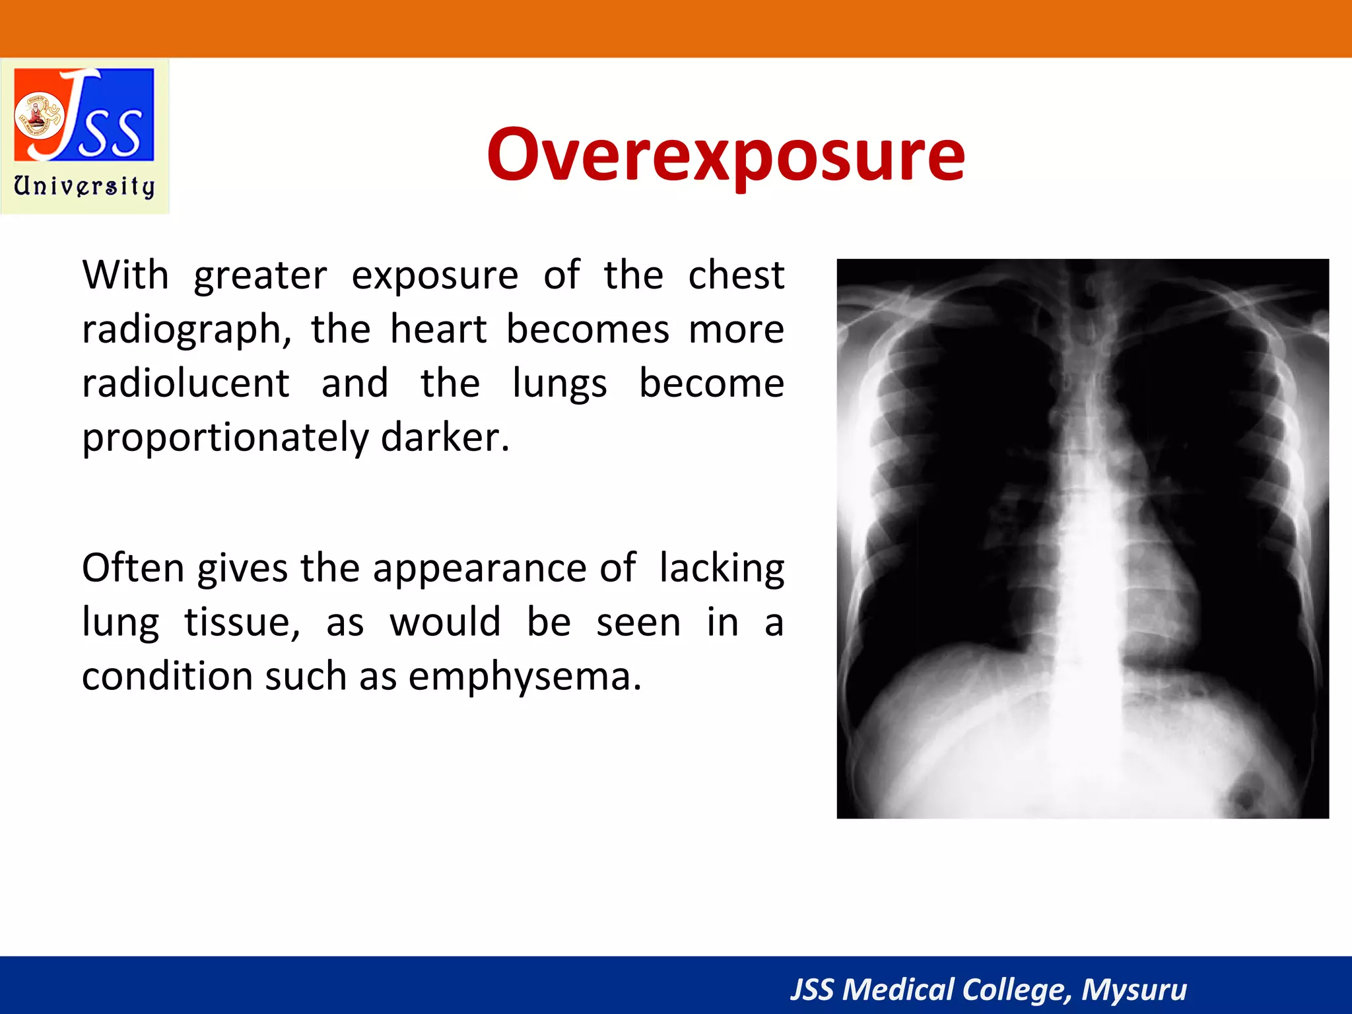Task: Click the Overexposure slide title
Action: point(726,155)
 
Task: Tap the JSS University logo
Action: point(84,136)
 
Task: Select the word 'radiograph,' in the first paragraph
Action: point(187,329)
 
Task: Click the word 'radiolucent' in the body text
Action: point(186,384)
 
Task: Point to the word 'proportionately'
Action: point(224,438)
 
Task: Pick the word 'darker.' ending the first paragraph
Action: point(445,437)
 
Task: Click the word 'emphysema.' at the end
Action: point(525,677)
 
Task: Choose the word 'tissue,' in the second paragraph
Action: point(242,623)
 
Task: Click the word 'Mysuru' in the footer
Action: point(1133,990)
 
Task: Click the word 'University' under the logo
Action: point(84,186)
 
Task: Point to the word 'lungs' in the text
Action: point(559,385)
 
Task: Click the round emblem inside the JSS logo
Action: point(38,116)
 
